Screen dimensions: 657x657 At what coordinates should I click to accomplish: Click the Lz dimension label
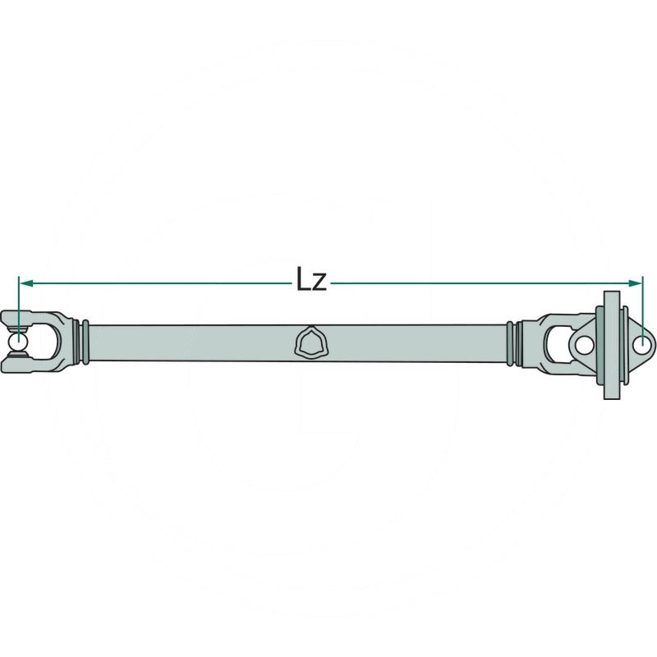[312, 282]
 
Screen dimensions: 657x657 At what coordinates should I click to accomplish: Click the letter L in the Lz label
[304, 281]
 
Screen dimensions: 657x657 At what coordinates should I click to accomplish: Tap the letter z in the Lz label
[321, 284]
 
